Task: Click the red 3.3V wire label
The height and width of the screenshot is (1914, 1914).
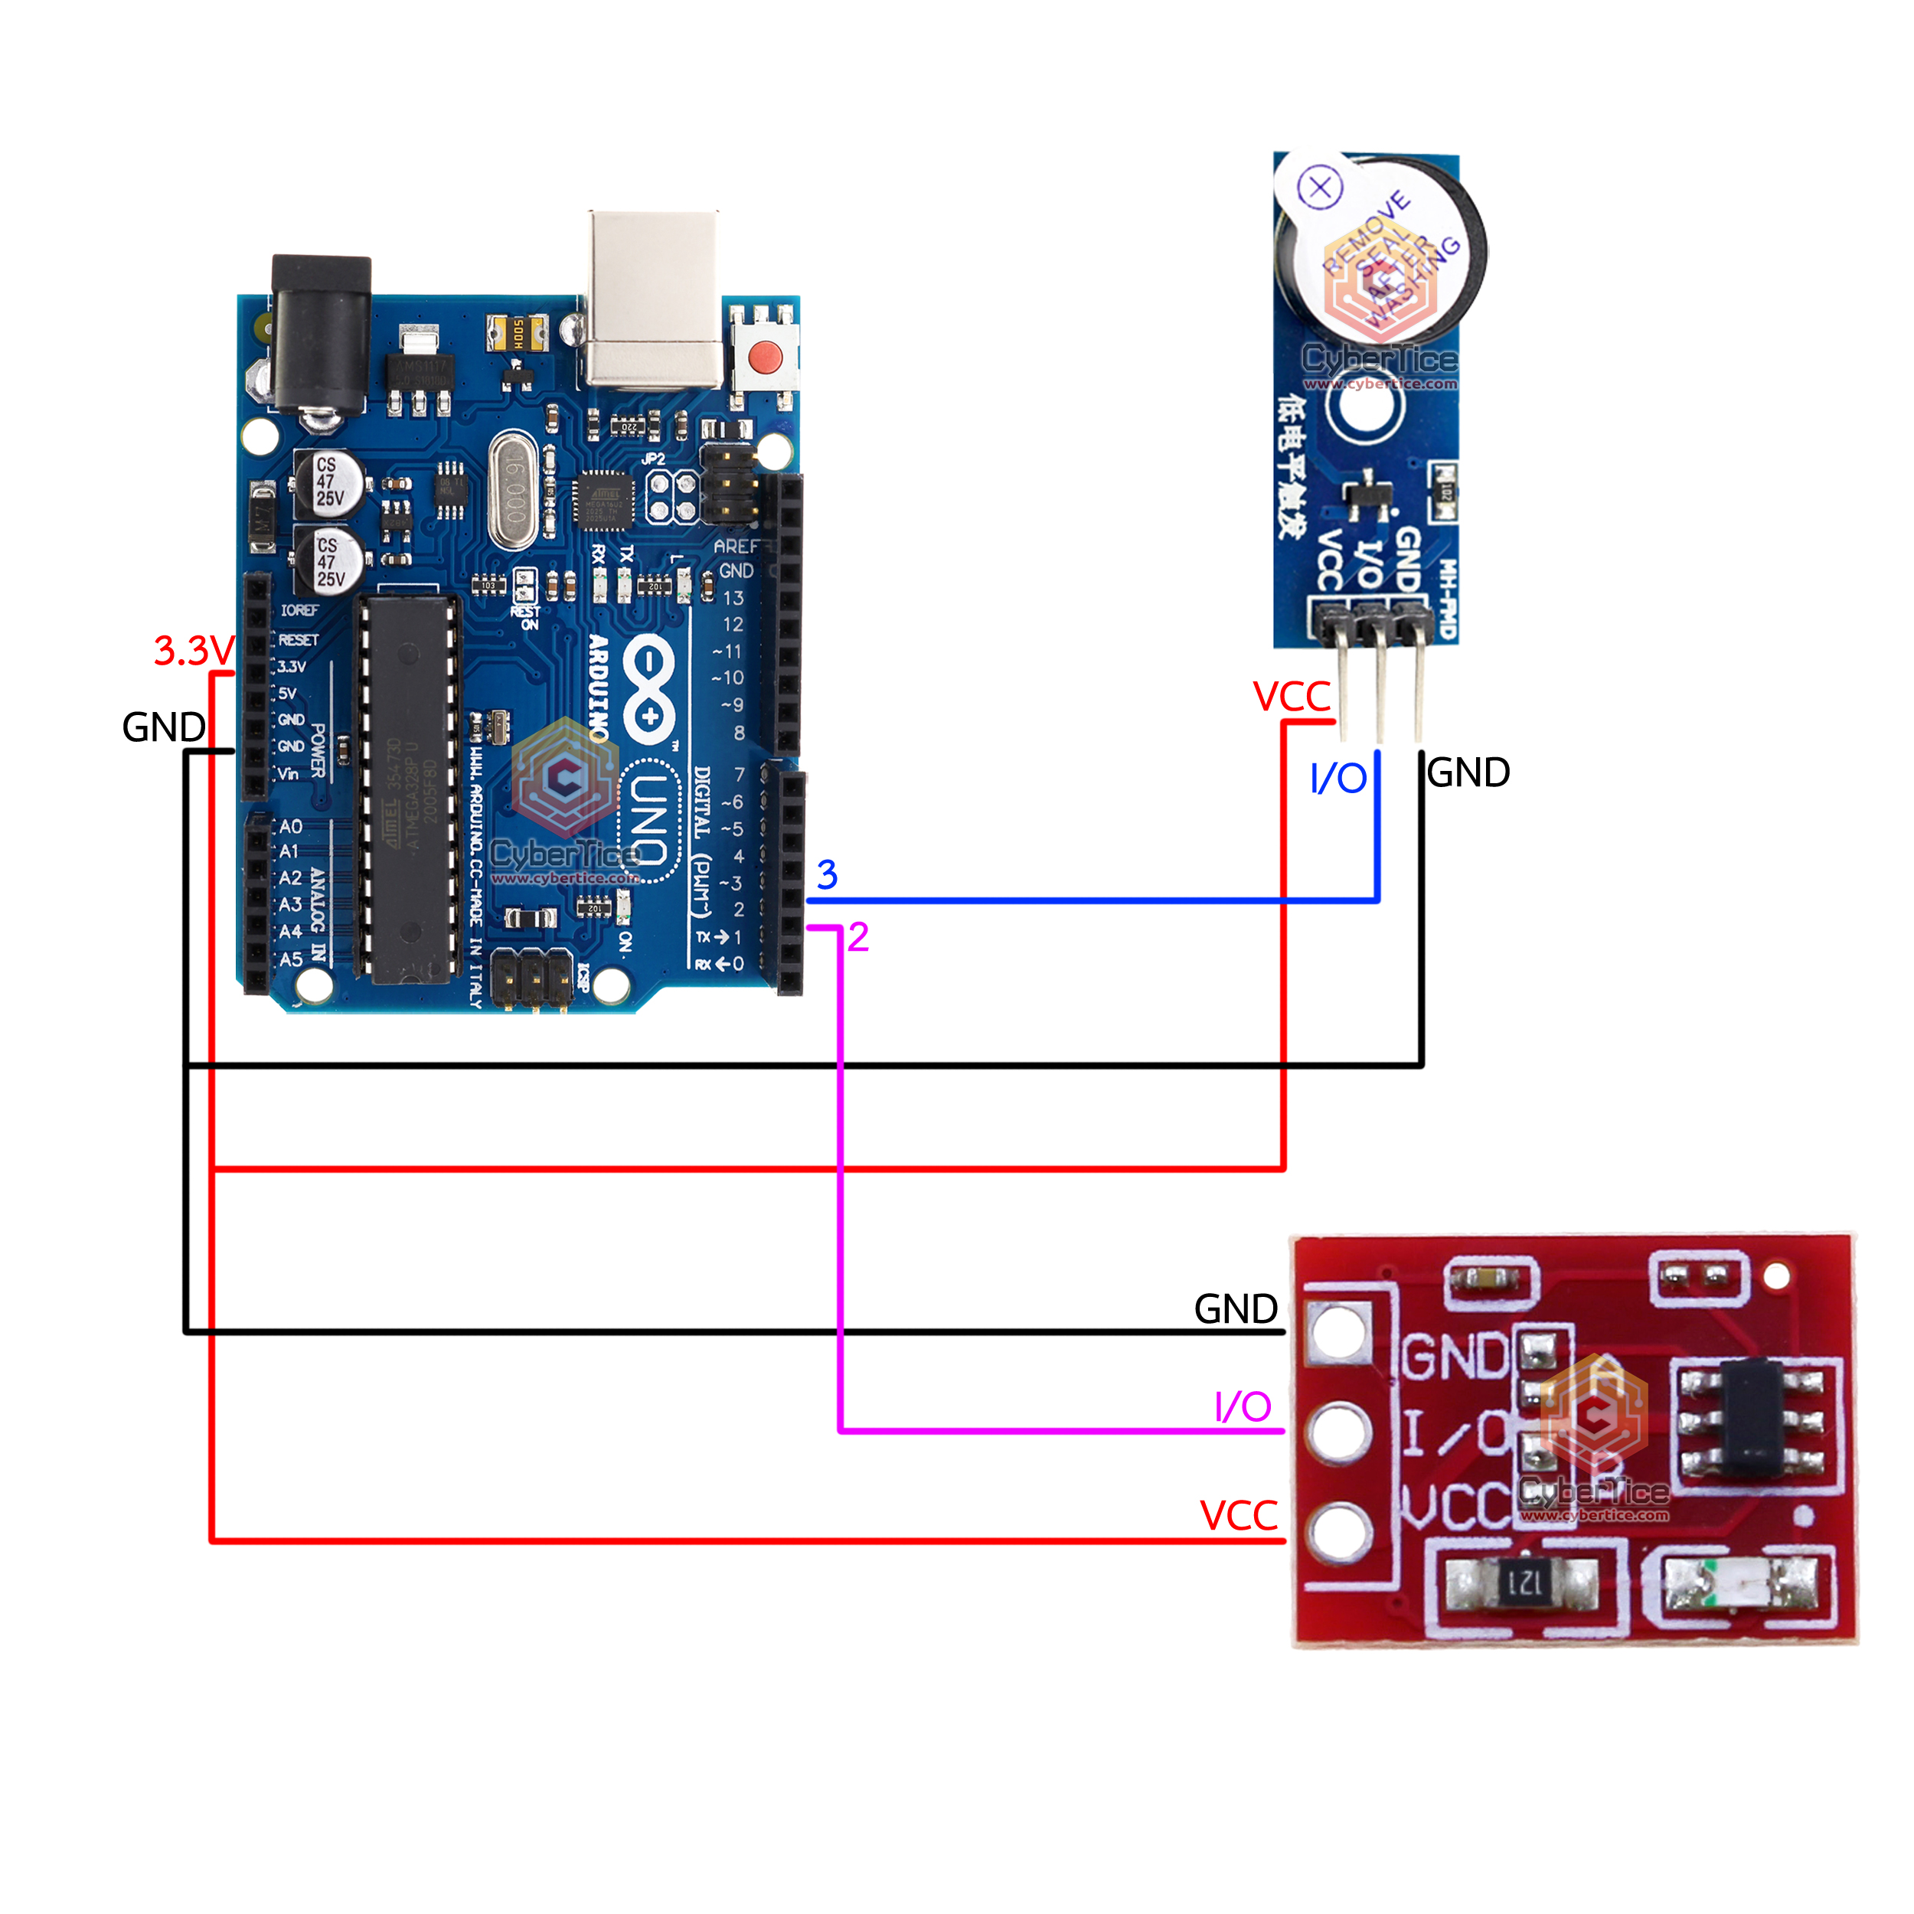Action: pyautogui.click(x=193, y=651)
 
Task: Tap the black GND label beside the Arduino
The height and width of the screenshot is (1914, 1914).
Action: pyautogui.click(x=164, y=727)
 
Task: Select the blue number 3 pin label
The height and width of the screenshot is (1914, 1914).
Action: pyautogui.click(x=827, y=875)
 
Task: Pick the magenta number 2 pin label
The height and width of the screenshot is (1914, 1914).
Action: pyautogui.click(x=858, y=937)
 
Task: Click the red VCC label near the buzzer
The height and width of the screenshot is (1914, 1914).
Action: pyautogui.click(x=1292, y=697)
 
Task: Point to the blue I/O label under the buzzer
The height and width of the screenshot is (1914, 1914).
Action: pyautogui.click(x=1338, y=779)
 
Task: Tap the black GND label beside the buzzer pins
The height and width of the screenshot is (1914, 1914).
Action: pyautogui.click(x=1468, y=772)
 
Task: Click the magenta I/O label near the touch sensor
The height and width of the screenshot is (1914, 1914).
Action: pyautogui.click(x=1243, y=1406)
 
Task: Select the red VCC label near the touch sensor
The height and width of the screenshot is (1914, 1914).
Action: pyautogui.click(x=1238, y=1516)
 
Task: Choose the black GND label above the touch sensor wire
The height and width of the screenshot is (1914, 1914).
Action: pyautogui.click(x=1236, y=1308)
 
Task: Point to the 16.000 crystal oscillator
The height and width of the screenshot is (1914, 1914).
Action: pyautogui.click(x=513, y=492)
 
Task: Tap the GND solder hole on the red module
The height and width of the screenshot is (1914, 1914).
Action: pyautogui.click(x=1338, y=1331)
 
